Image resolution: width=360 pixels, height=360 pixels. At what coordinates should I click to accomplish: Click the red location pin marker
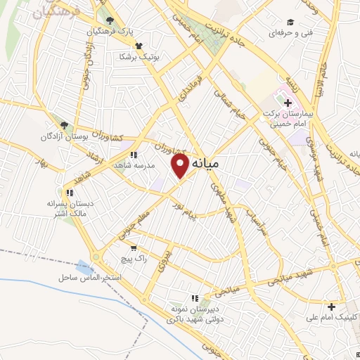181,165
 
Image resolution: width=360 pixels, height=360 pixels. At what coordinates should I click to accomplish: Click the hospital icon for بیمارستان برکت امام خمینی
288,103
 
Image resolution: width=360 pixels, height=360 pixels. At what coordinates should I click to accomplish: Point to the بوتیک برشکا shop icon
139,45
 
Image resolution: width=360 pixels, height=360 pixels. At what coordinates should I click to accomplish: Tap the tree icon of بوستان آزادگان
65,124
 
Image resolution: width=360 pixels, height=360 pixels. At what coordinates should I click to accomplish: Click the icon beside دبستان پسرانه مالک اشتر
68,193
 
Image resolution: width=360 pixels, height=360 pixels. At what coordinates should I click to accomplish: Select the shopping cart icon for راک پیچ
134,248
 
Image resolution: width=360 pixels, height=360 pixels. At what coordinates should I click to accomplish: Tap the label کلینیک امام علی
328,317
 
